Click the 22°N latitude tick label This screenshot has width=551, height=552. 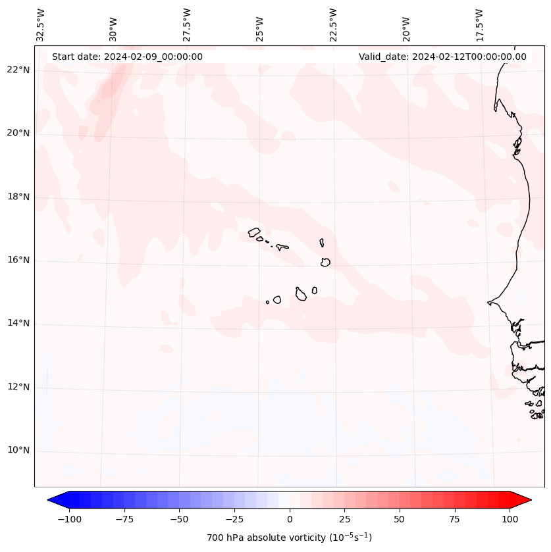[19, 70]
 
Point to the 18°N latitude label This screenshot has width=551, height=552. [19, 197]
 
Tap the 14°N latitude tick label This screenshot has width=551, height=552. [19, 323]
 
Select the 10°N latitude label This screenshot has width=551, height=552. [19, 451]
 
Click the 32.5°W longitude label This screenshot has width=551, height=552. [41, 25]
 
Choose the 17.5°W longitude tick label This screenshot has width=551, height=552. [479, 25]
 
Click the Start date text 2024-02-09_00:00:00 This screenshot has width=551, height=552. [127, 57]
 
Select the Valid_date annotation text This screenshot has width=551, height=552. [442, 57]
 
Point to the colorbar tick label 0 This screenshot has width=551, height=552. [290, 519]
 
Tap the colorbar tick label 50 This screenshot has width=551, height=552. [400, 519]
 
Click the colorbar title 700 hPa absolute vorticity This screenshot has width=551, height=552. [289, 538]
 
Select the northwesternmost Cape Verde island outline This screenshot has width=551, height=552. [254, 232]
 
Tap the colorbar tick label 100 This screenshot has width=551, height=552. [510, 519]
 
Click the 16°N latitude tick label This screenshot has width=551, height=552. [19, 260]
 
